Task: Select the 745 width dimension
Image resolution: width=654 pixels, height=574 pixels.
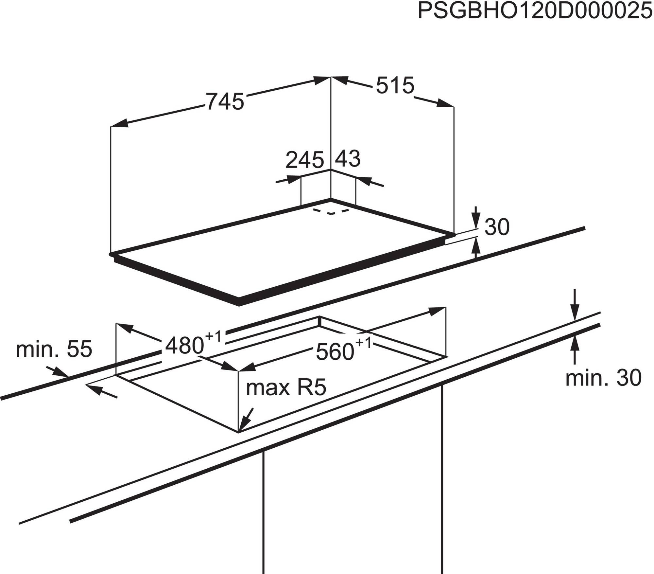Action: point(225,101)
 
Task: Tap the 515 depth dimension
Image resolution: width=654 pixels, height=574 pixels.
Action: point(395,86)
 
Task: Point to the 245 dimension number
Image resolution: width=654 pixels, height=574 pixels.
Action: point(304,160)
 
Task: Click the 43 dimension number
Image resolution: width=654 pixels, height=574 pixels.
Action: point(348,159)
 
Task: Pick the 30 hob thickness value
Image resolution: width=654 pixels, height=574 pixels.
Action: point(497,227)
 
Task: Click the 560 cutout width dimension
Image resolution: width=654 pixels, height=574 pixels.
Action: point(335,352)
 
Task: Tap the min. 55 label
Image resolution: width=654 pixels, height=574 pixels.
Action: point(54,349)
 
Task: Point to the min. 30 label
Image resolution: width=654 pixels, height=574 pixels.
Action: point(603,378)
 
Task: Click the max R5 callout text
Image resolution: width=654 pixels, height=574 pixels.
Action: point(286,388)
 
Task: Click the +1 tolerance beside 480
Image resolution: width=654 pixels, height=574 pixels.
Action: point(214,336)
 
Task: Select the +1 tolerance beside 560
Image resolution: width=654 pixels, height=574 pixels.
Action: point(364,343)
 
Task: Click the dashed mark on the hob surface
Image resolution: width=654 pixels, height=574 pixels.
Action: point(331,212)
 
